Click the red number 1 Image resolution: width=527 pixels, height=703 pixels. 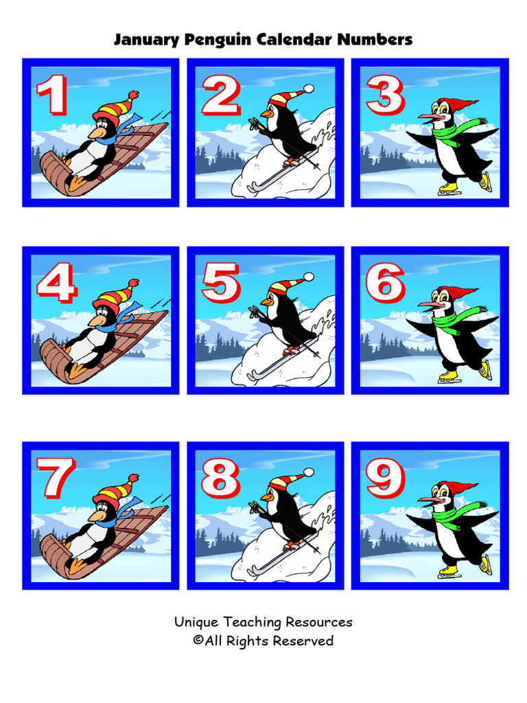coord(52,95)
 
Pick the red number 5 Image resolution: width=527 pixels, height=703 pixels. coord(220,283)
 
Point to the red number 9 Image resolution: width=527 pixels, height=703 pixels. coord(386,478)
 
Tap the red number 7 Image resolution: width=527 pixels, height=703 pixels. coord(54,478)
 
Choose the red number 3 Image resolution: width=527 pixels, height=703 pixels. coord(385,95)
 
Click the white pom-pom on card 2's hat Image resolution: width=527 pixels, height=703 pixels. coord(308,89)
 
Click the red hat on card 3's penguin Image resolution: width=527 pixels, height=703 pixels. coord(457,105)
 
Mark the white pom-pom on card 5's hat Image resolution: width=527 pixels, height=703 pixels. coord(308,277)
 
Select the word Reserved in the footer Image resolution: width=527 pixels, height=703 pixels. coord(303,641)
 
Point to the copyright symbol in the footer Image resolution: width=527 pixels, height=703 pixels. coord(198,641)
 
